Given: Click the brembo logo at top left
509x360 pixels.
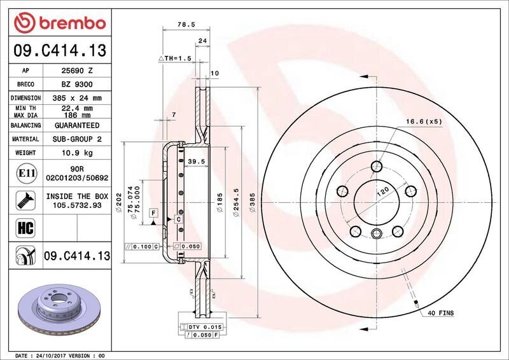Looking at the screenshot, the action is [60, 23].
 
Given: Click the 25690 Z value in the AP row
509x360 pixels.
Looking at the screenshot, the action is [77, 71].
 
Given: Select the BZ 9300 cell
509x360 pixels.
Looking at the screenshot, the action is [77, 85].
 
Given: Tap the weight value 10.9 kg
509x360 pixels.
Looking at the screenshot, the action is [77, 153].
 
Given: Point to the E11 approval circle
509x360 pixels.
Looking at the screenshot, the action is [26, 173].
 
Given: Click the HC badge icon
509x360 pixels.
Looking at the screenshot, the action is [25, 228].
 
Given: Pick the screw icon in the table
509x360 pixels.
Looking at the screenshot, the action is [25, 200].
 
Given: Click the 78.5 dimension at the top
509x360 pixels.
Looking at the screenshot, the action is [186, 24].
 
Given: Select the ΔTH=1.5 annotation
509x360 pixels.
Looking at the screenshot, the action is [175, 59].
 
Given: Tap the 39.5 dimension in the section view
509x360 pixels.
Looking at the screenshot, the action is [197, 162].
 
